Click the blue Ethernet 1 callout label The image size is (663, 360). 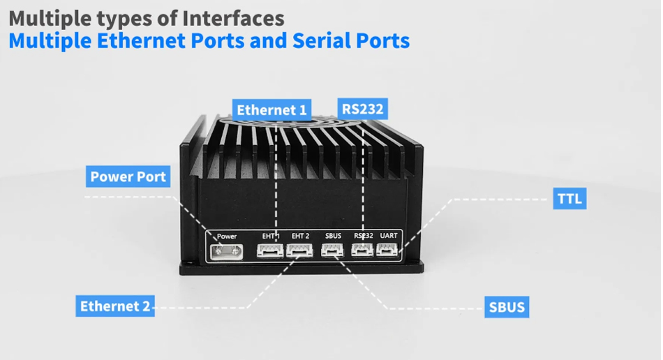271,110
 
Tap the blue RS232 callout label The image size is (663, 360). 363,109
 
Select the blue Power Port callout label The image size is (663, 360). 128,177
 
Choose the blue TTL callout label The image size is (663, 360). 569,199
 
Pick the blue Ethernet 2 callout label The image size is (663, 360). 115,306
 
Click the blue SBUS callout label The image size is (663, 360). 507,307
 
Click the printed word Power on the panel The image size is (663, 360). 227,237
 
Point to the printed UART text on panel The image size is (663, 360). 389,236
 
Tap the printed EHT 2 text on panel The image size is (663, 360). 300,236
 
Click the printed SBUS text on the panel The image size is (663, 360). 333,236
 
